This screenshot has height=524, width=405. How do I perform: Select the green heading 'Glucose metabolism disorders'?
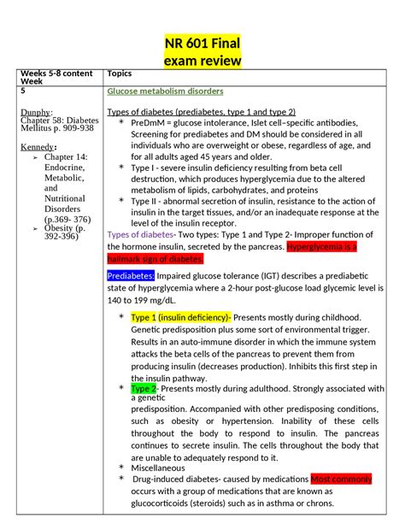tap(165, 91)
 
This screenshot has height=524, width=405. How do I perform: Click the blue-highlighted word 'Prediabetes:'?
tap(131, 276)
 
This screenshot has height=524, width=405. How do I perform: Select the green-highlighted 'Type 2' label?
tap(143, 388)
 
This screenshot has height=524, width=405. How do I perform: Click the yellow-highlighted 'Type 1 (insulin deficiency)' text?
tap(180, 316)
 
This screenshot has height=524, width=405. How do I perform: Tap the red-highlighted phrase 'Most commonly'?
tap(343, 479)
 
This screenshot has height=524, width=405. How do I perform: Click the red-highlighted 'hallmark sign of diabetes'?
tap(155, 258)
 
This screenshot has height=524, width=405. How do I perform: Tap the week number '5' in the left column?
tap(24, 91)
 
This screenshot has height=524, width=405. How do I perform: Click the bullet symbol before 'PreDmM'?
tap(121, 123)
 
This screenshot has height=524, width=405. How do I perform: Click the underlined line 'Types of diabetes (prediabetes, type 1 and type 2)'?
tap(201, 112)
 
